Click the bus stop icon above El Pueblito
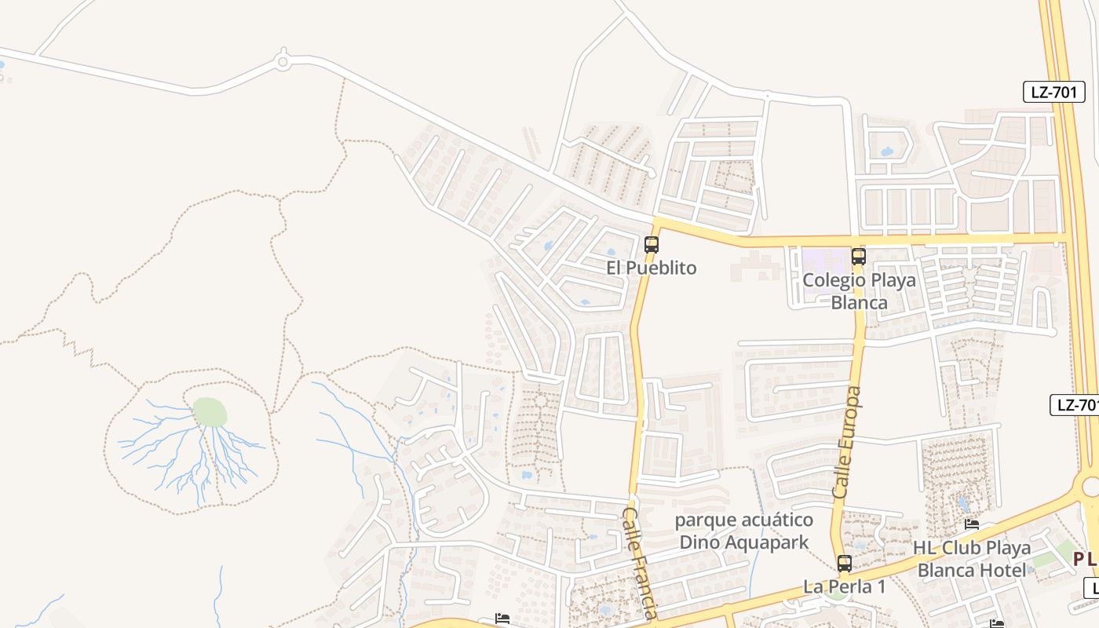[652, 244]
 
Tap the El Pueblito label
[651, 268]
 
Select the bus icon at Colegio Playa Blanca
[859, 256]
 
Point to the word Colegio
[833, 280]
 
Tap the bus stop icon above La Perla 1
[845, 563]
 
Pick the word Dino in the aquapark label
[696, 542]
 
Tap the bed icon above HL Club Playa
[972, 524]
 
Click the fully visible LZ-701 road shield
[1054, 92]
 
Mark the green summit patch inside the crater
[210, 412]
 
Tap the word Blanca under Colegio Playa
[859, 302]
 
